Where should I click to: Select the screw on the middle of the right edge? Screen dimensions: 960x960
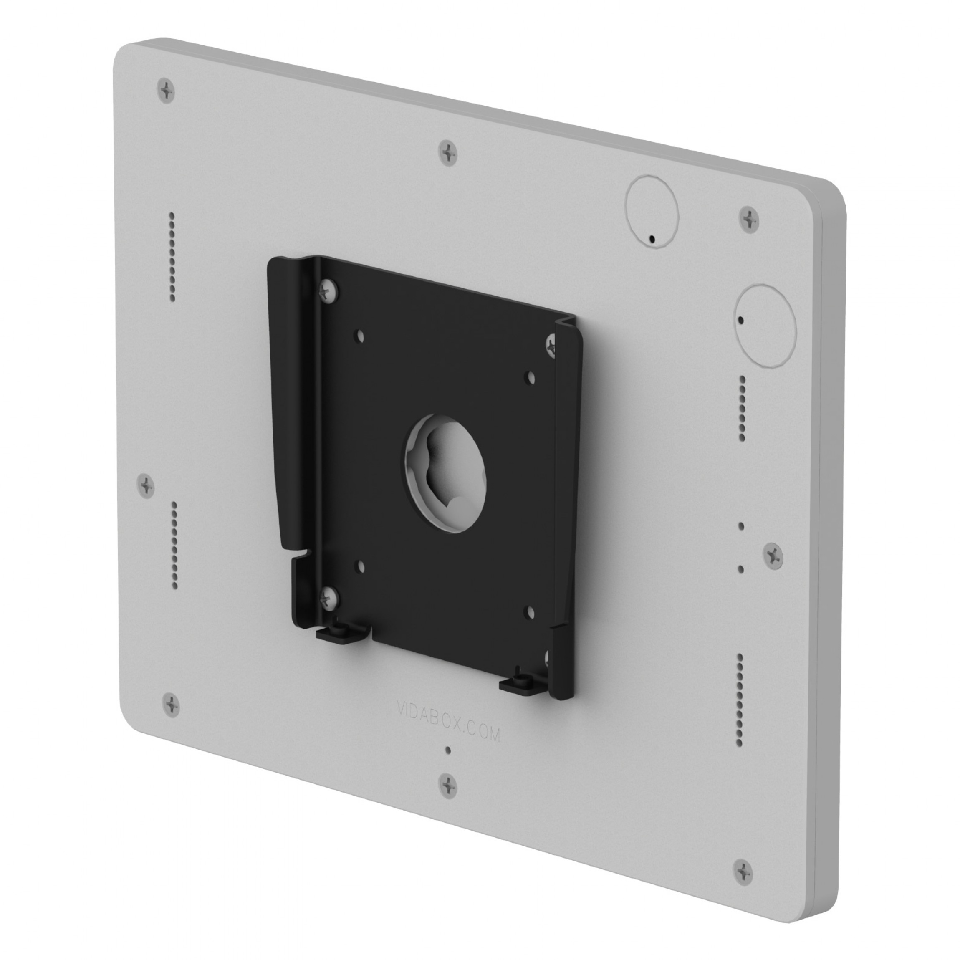773,555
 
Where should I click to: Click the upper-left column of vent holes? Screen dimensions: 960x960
172,256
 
